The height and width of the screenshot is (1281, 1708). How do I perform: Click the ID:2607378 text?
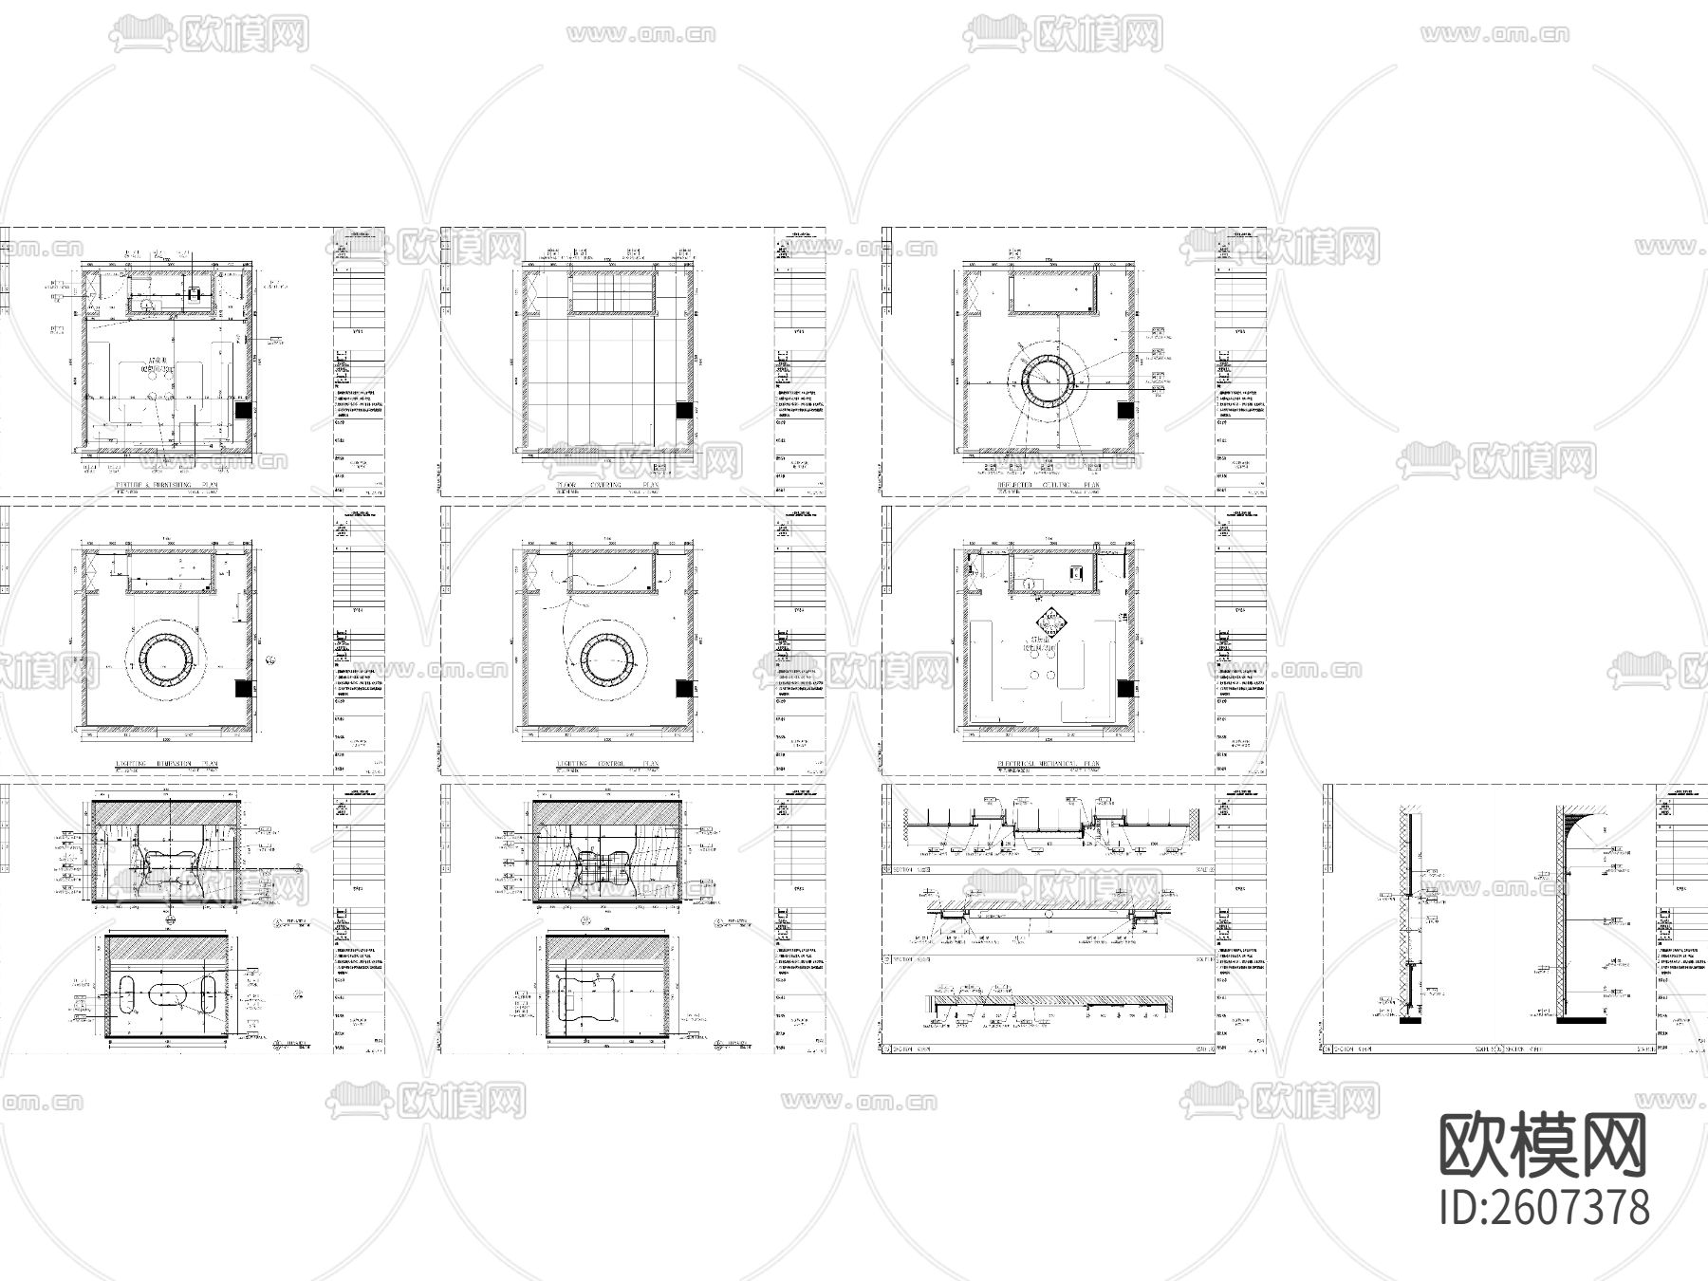click(1544, 1208)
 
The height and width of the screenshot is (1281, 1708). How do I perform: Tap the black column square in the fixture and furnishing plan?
click(243, 410)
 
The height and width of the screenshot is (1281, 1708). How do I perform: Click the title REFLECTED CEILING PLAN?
click(1044, 485)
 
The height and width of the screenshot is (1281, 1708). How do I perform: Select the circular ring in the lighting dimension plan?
click(167, 657)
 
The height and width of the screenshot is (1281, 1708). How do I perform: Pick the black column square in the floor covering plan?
click(683, 410)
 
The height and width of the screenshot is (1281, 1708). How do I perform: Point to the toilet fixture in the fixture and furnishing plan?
click(195, 294)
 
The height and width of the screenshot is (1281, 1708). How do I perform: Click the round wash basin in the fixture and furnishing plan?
click(147, 304)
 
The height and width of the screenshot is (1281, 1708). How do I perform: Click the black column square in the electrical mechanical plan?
click(1124, 689)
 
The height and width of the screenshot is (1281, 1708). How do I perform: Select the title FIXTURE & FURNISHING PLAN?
click(165, 485)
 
